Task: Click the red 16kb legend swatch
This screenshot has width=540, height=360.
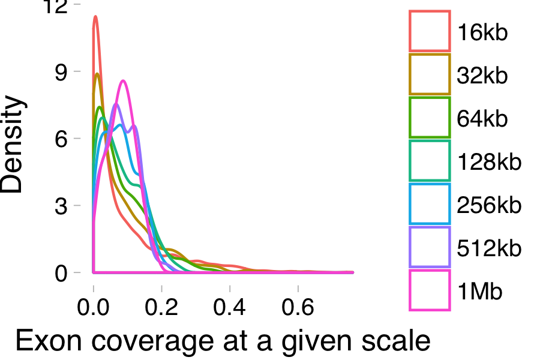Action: click(430, 31)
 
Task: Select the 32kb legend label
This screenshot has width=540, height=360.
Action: click(482, 76)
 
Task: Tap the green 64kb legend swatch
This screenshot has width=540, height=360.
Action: click(430, 118)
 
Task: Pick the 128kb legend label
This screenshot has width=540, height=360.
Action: click(489, 161)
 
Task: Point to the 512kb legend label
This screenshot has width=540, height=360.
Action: click(489, 248)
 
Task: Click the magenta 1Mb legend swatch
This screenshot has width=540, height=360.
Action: click(430, 290)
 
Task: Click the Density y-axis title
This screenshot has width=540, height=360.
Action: click(13, 146)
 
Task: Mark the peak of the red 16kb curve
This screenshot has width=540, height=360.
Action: click(95, 17)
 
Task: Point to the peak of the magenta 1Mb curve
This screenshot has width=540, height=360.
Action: click(122, 80)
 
